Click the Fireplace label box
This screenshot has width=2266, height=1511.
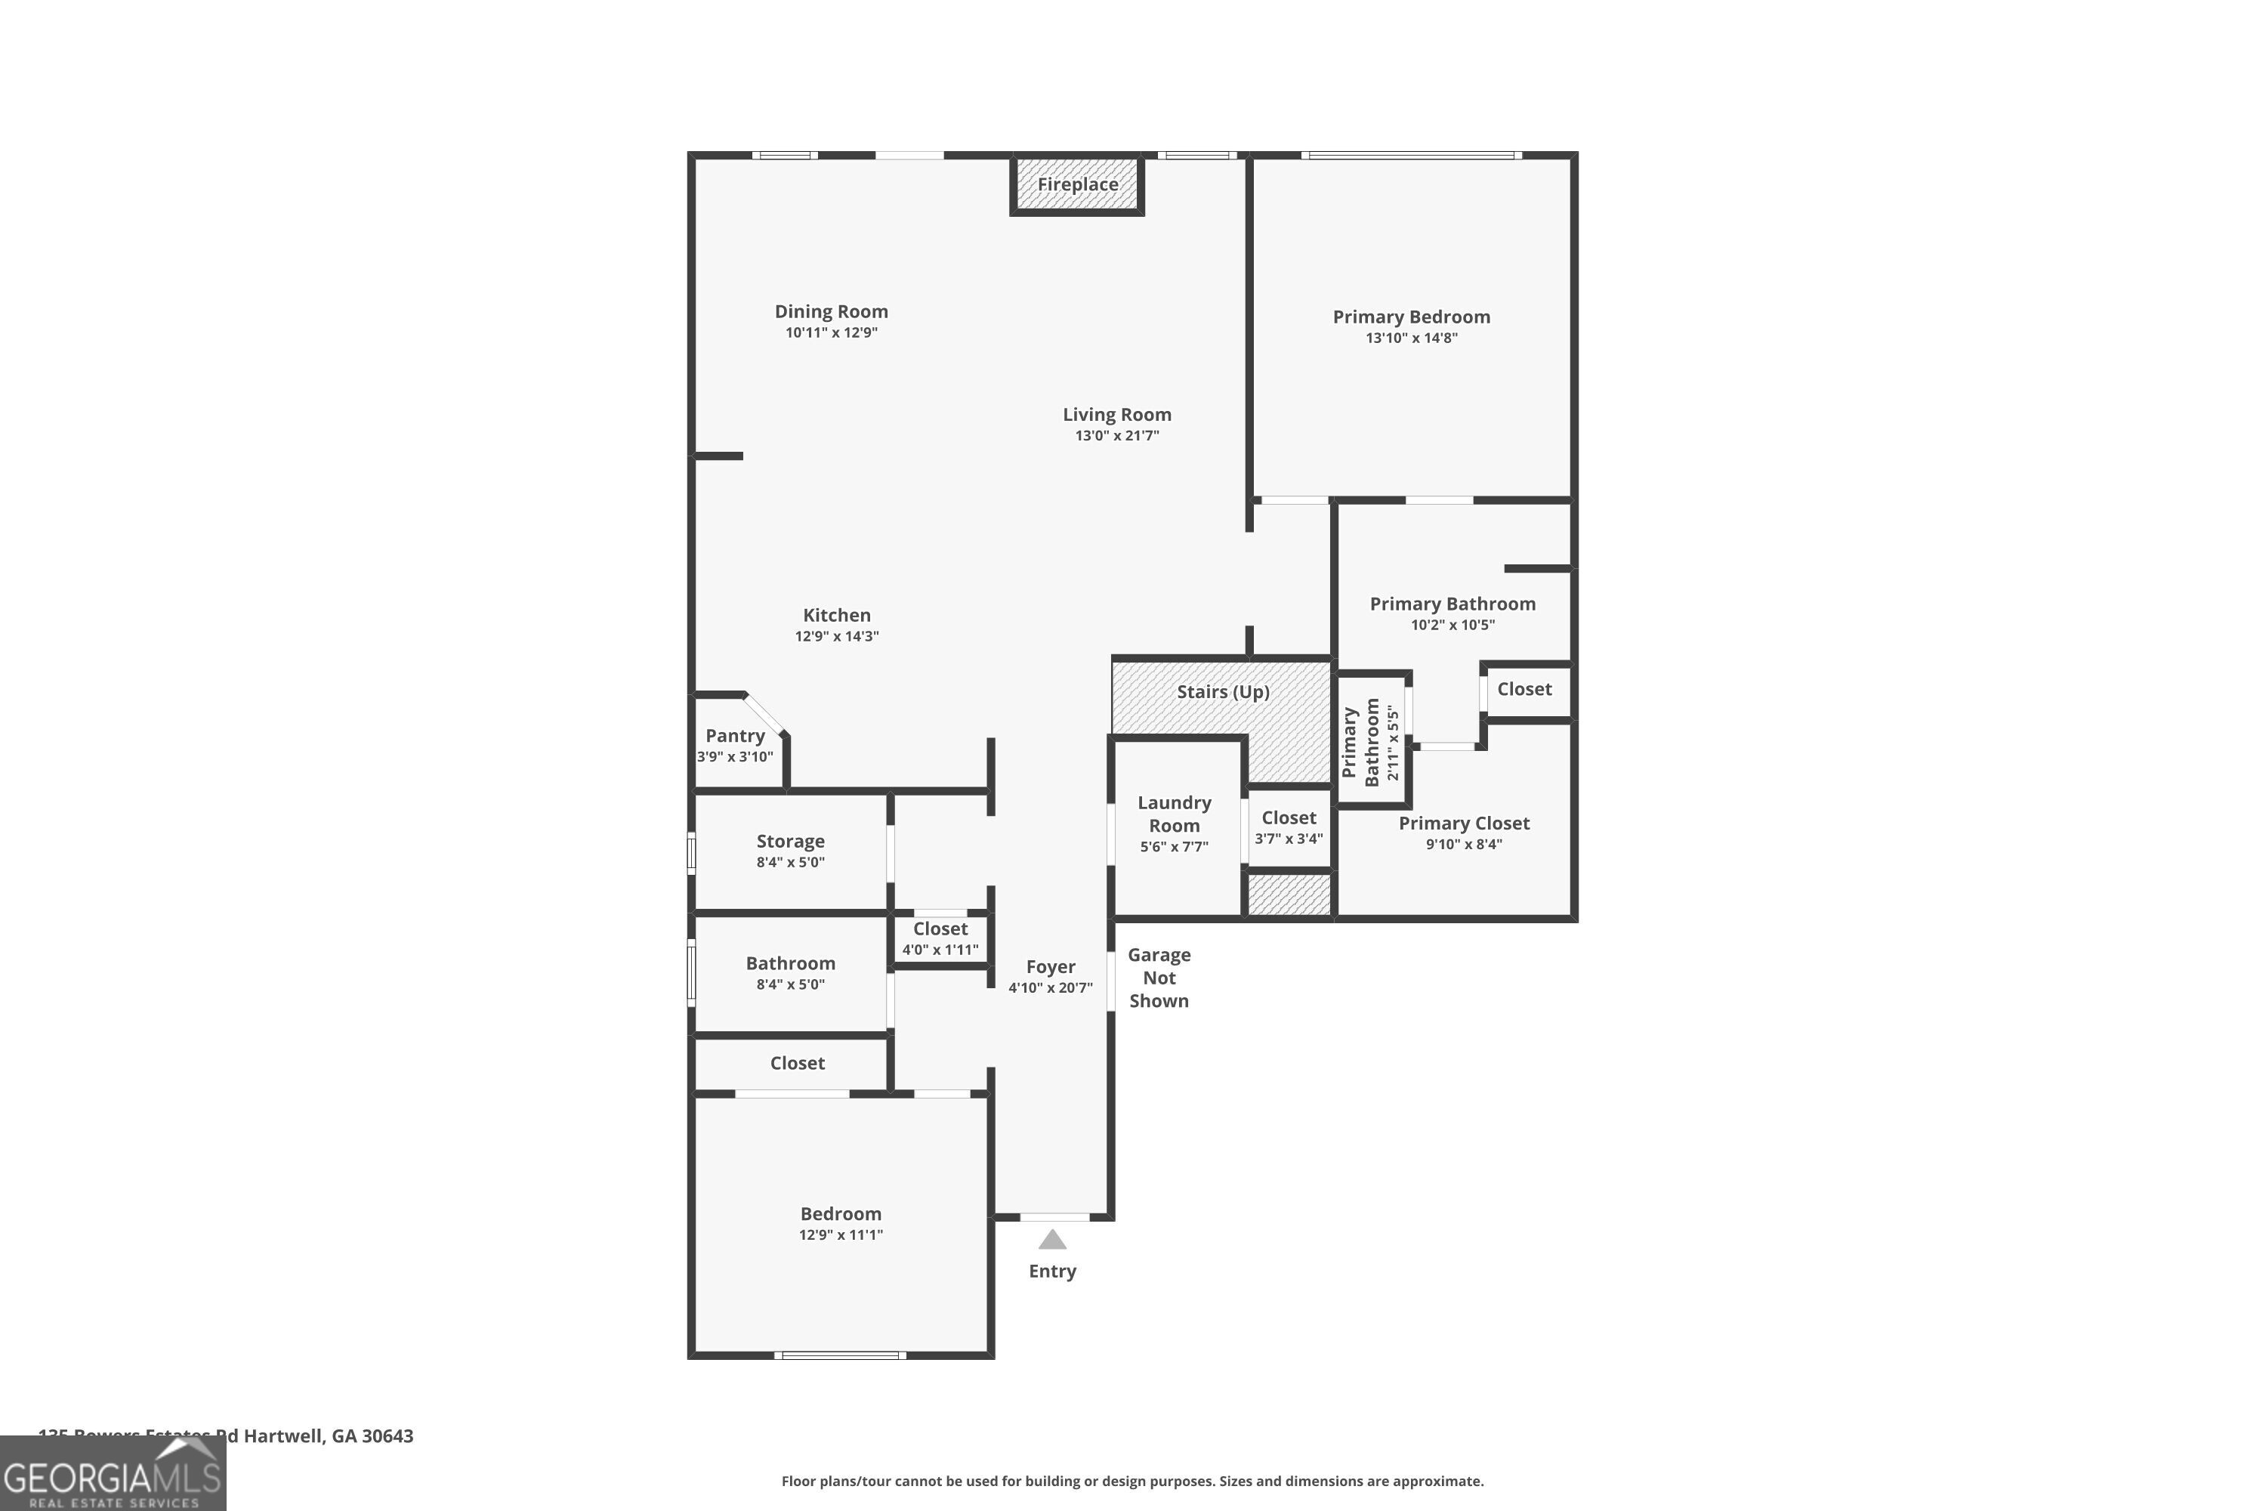point(1077,184)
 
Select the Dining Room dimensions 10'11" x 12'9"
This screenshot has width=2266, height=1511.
point(830,332)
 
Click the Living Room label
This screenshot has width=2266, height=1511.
point(1116,414)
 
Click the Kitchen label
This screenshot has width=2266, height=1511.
point(836,615)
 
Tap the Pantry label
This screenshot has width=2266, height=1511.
point(734,735)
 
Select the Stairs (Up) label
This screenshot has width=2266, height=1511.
point(1223,692)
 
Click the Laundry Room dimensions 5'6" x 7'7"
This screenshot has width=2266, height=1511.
point(1174,847)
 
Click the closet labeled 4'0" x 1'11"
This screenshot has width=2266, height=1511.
point(940,938)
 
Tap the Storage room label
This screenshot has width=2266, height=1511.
point(790,842)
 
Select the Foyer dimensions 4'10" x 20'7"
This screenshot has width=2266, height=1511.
point(1050,987)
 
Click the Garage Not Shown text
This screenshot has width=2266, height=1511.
point(1159,977)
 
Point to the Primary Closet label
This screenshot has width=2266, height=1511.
point(1464,823)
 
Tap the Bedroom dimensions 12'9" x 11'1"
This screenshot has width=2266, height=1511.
point(840,1235)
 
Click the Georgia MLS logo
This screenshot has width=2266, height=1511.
point(113,1475)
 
